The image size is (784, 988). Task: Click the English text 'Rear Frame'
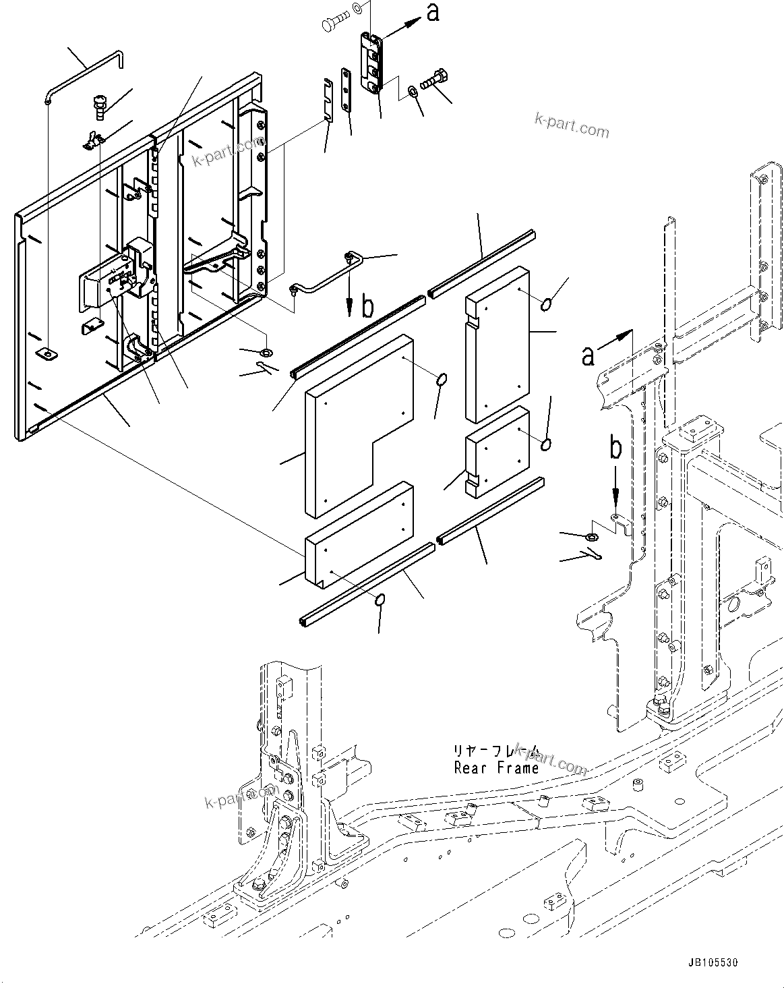496,767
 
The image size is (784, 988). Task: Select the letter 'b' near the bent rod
367,307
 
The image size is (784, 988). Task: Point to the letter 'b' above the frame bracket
615,450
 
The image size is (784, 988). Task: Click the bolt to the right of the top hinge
434,80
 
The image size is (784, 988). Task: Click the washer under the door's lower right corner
266,352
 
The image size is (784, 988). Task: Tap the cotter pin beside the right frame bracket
587,554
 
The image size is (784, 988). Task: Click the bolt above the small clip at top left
100,107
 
